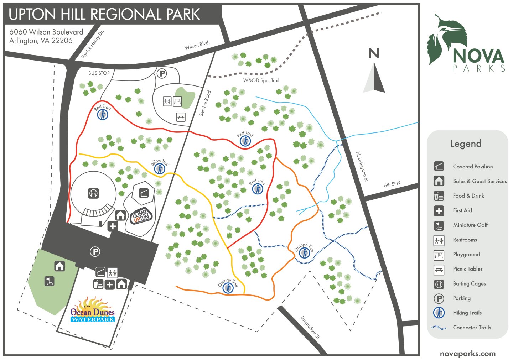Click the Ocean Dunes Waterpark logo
tap(92, 311)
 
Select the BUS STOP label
tap(99, 73)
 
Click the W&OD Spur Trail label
tap(261, 80)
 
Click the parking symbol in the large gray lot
tap(95, 252)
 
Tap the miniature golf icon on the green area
tap(50, 281)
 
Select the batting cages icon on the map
tap(93, 193)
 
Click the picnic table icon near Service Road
tap(181, 117)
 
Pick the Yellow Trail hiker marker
tap(160, 168)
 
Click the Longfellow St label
tap(310, 327)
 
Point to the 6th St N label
tap(392, 184)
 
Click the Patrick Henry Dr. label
tap(92, 44)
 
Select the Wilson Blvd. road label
tap(197, 45)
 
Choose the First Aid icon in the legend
tap(439, 210)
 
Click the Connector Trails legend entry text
tap(472, 327)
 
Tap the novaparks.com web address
tap(467, 354)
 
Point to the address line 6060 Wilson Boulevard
tap(46, 32)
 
